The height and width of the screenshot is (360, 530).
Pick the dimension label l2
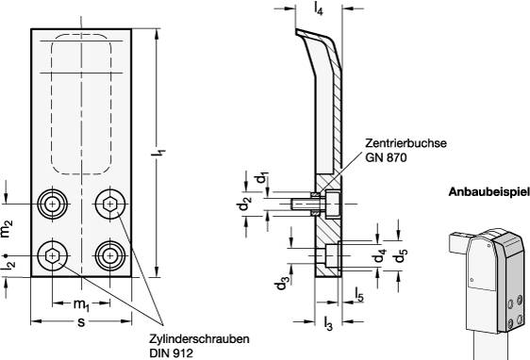click(9, 265)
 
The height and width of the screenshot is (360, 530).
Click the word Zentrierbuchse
click(405, 144)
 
